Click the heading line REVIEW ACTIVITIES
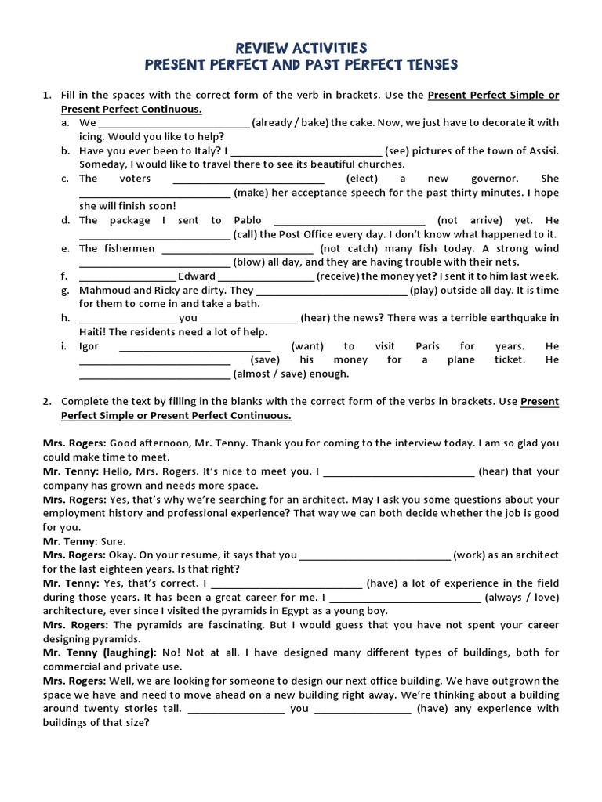click(301, 49)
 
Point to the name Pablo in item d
click(248, 220)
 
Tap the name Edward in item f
click(196, 276)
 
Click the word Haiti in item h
click(92, 331)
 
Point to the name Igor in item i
click(89, 345)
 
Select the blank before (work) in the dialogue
click(375, 555)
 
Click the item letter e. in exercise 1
click(64, 248)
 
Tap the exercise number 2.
click(46, 401)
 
